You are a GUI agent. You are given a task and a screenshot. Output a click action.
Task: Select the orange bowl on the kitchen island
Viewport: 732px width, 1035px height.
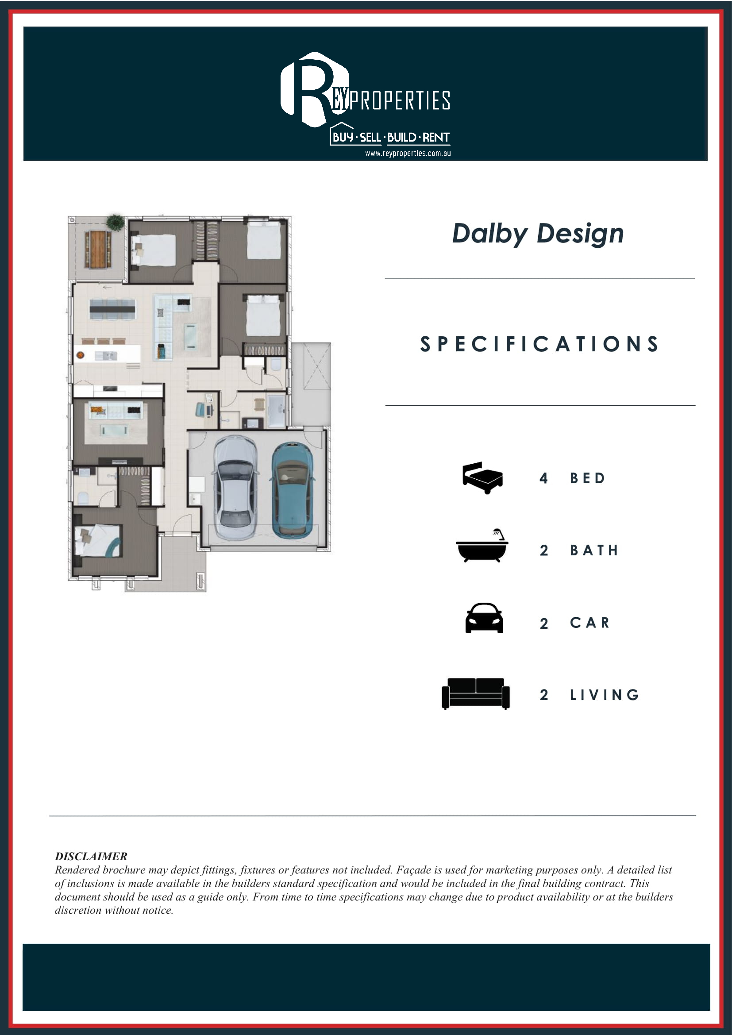pos(80,355)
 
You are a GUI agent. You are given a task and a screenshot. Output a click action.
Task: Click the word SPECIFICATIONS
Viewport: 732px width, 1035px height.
pos(539,344)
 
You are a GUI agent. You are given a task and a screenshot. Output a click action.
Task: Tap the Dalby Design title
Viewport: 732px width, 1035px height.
pos(538,234)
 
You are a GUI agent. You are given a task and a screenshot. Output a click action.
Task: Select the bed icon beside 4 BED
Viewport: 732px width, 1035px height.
pos(482,478)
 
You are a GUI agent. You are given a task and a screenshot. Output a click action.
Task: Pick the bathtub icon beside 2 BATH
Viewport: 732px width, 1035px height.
pos(482,546)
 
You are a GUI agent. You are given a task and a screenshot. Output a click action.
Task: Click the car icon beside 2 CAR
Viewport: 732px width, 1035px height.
pos(484,618)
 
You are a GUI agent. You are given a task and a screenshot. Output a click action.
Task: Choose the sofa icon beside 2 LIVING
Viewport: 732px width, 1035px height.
pos(475,693)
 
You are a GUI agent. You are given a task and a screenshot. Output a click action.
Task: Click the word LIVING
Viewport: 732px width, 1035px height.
pos(605,695)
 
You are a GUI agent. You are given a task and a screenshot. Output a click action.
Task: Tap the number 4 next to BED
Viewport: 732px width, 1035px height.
pos(543,478)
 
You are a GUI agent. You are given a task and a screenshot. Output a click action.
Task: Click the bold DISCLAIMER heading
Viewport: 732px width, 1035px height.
pos(91,857)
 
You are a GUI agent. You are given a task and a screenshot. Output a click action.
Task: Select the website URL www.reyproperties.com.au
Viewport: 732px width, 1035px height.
pos(408,153)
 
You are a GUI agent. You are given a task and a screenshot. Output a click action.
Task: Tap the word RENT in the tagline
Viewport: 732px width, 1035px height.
pos(436,137)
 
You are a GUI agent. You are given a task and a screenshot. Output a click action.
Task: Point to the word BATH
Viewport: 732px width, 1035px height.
pos(594,550)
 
